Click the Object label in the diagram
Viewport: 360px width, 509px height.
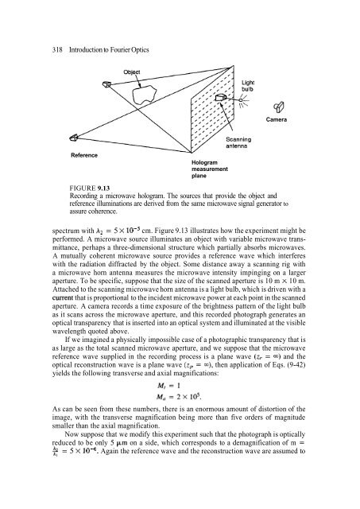point(132,72)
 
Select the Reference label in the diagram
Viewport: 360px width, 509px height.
point(87,154)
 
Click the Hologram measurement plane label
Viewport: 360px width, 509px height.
point(209,169)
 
